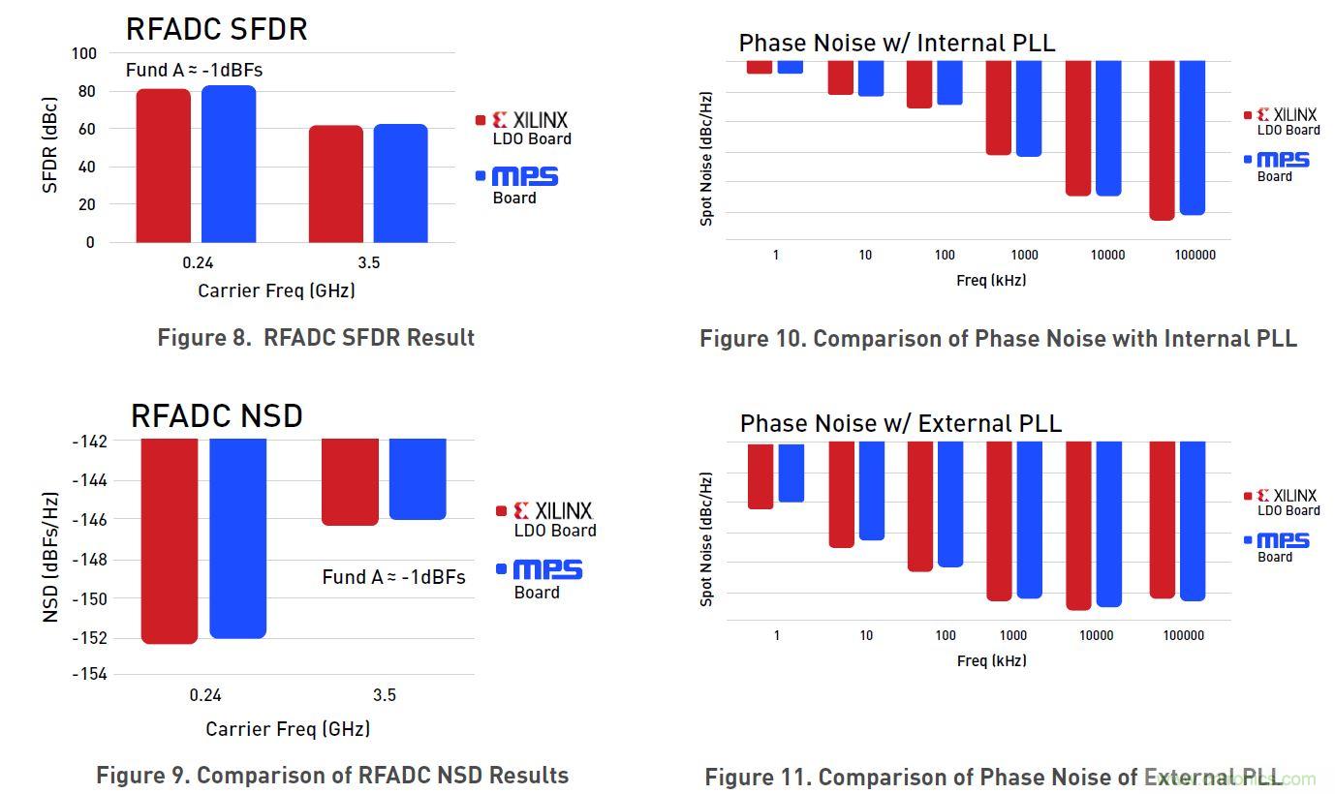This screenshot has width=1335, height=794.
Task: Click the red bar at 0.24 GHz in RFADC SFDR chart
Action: coord(163,165)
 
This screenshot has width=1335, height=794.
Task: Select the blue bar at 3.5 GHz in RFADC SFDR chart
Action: coord(400,183)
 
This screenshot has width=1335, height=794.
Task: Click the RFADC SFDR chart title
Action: coord(216,29)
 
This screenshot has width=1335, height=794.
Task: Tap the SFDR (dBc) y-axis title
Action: coord(50,145)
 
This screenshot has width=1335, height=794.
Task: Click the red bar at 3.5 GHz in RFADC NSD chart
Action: coord(350,481)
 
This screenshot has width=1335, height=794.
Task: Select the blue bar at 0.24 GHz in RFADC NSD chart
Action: coord(237,537)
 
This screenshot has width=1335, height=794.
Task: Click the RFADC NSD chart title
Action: coord(216,416)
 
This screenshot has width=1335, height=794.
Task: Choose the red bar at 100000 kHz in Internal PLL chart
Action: coord(1162,139)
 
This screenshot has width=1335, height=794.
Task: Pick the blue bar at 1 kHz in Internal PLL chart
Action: coord(791,67)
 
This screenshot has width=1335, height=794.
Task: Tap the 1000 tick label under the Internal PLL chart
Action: coord(1024,256)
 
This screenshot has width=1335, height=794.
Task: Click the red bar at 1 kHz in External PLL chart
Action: coord(761,475)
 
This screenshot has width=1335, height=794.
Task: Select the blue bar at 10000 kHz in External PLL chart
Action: coord(1108,524)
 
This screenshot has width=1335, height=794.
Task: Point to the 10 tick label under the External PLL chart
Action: coord(866,636)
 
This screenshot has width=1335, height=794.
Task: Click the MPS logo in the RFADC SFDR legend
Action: coord(524,176)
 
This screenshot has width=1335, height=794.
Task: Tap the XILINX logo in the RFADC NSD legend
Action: coord(552,510)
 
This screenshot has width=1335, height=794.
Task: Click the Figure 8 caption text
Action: coord(316,338)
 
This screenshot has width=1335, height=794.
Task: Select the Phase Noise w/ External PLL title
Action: coord(900,423)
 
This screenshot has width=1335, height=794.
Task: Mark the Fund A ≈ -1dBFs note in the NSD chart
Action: coord(393,577)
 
